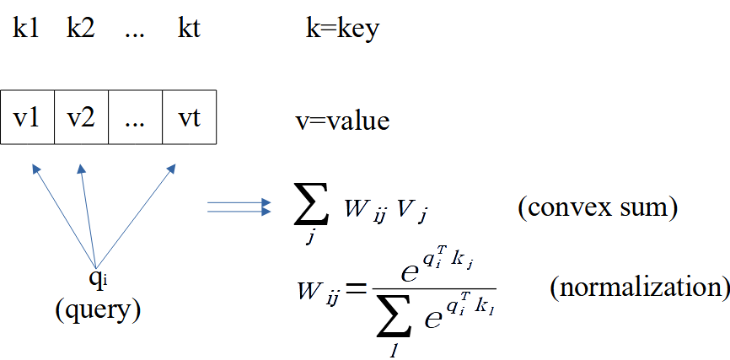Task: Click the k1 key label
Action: [26, 30]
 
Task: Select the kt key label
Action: [189, 30]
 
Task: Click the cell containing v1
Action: [28, 117]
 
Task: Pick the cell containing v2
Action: [81, 117]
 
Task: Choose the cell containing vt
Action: [190, 117]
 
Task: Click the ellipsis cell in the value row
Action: [135, 117]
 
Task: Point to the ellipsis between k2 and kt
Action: [135, 34]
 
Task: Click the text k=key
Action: [341, 30]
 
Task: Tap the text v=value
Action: [342, 121]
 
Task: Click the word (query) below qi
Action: [97, 310]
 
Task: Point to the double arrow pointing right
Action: [239, 207]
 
